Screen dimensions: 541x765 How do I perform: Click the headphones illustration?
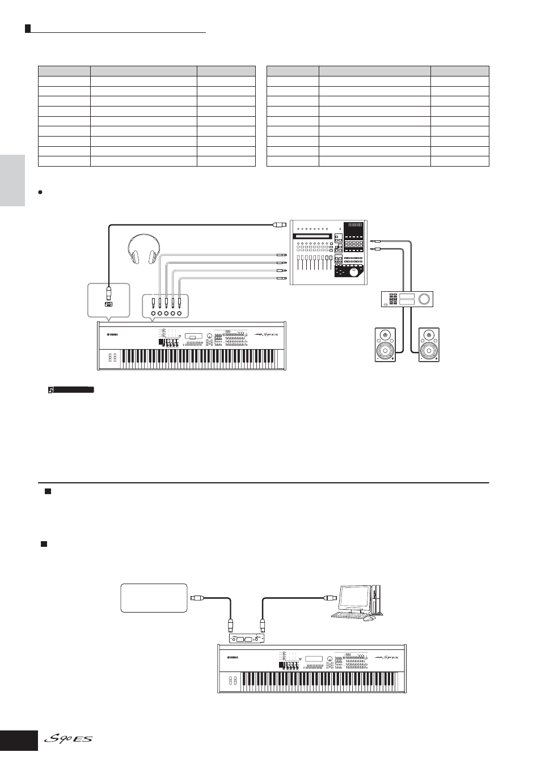pos(143,249)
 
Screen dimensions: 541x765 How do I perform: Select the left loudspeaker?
pos(385,345)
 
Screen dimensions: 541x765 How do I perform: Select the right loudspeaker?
pos(429,345)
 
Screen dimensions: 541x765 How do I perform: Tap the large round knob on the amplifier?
pos(425,299)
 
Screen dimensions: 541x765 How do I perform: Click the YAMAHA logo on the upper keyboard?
pos(112,334)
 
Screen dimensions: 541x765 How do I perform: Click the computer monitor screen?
pos(354,597)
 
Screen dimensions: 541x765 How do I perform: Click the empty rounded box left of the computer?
pos(154,598)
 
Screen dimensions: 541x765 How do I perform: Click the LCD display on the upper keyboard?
pos(193,337)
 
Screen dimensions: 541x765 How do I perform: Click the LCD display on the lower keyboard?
pos(314,659)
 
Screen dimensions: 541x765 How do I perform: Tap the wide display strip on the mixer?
pos(312,236)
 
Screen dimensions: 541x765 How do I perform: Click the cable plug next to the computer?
pos(330,598)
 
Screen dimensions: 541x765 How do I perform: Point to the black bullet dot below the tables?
pos(40,192)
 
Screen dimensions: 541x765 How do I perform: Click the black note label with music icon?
pos(71,390)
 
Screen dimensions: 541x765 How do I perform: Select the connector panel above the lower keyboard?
pos(246,639)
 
